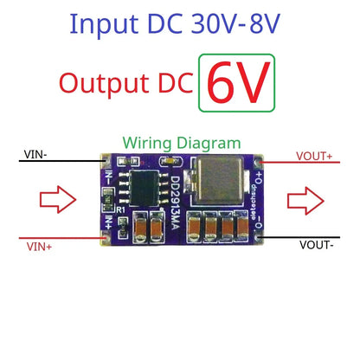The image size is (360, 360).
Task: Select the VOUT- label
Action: coord(318,246)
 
